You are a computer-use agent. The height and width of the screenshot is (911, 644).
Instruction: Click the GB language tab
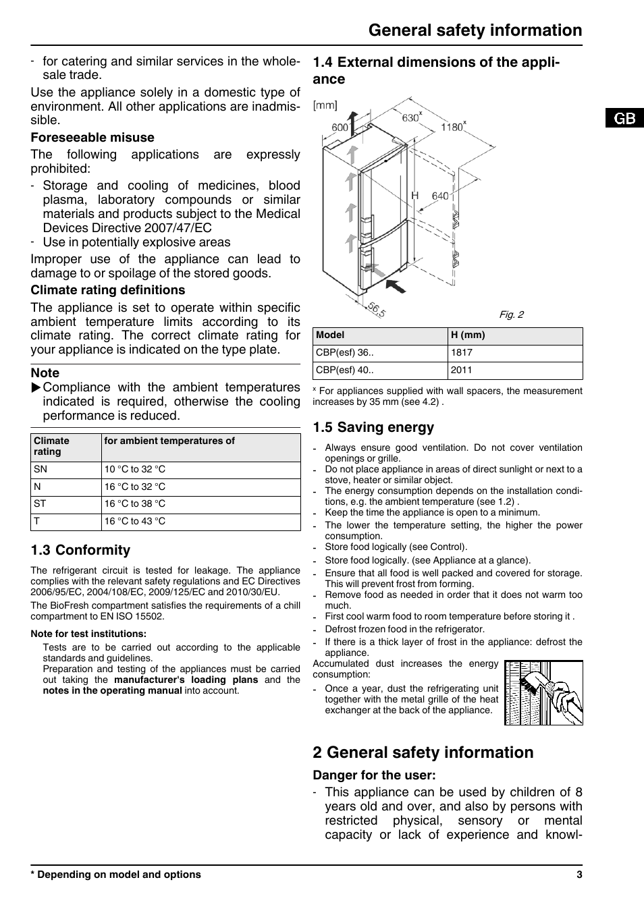pos(624,118)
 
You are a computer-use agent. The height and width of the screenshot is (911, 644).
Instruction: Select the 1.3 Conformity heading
pos(80,550)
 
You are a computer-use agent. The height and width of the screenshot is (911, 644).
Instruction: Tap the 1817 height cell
pos(462,352)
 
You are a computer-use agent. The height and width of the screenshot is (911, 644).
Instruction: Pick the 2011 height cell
pos(462,370)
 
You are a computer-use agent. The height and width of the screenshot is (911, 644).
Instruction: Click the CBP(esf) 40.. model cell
pos(345,370)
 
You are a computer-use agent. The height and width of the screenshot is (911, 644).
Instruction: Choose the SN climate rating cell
pos(41,469)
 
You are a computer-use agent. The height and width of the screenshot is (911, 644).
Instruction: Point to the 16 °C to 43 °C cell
pos(134,521)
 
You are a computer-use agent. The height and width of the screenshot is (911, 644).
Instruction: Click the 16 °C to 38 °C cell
pos(134,503)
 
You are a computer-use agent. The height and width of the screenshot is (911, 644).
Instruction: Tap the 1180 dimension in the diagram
pos(452,128)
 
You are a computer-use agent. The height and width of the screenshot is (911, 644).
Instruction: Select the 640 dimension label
pos(440,196)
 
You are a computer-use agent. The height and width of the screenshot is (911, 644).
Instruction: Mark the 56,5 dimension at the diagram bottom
pos(377,310)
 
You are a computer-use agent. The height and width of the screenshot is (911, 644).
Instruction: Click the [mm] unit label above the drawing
pos(325,105)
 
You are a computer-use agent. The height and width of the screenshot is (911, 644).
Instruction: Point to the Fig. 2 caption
pos(511,314)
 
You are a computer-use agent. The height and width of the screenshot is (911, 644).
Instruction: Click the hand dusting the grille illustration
pos(543,692)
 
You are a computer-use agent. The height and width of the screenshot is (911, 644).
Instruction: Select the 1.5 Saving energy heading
pos(373,427)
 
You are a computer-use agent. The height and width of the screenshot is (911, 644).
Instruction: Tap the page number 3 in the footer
pos(579,875)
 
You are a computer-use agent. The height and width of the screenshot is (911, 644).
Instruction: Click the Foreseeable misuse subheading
pos(92,138)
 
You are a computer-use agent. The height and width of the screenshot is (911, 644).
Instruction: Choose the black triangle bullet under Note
pos(36,387)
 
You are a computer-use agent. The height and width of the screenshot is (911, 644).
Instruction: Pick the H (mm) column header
pos(468,335)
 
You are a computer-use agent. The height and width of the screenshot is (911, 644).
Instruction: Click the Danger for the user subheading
pos(374,775)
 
